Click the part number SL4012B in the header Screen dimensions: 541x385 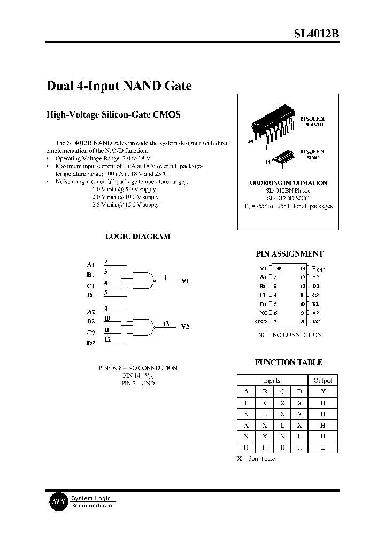click(x=316, y=34)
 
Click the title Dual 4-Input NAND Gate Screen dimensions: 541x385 click(x=119, y=86)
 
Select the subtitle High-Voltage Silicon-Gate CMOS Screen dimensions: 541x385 click(x=113, y=114)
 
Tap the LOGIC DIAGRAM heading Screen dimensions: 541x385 click(x=137, y=236)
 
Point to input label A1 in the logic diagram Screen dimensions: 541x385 click(x=90, y=265)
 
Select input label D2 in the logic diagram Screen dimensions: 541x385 click(x=90, y=343)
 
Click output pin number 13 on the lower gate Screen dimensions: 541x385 click(x=166, y=323)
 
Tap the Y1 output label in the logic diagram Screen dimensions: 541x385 click(x=186, y=281)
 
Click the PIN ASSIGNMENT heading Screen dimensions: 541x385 click(x=289, y=254)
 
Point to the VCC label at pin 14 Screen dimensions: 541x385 click(x=317, y=268)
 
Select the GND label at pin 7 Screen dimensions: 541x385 click(x=260, y=321)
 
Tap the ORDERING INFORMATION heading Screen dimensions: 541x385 click(x=288, y=183)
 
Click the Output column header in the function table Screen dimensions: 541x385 click(x=322, y=381)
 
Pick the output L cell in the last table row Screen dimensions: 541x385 click(x=322, y=447)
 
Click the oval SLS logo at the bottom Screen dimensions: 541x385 click(x=57, y=501)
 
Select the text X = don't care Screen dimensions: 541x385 click(x=257, y=459)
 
